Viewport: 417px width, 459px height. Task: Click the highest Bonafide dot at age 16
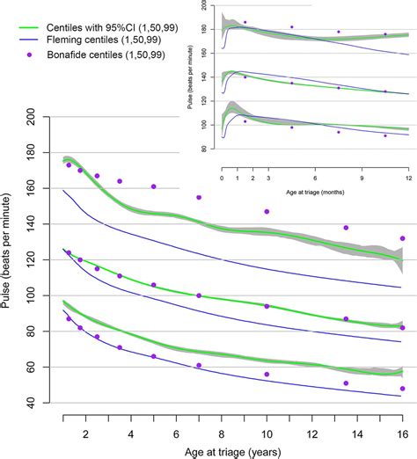point(402,238)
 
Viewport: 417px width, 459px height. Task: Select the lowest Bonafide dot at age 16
point(402,388)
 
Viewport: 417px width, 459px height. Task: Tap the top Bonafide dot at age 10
point(267,211)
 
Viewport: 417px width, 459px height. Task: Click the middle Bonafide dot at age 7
point(199,295)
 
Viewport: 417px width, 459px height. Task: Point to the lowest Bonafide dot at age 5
point(153,356)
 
